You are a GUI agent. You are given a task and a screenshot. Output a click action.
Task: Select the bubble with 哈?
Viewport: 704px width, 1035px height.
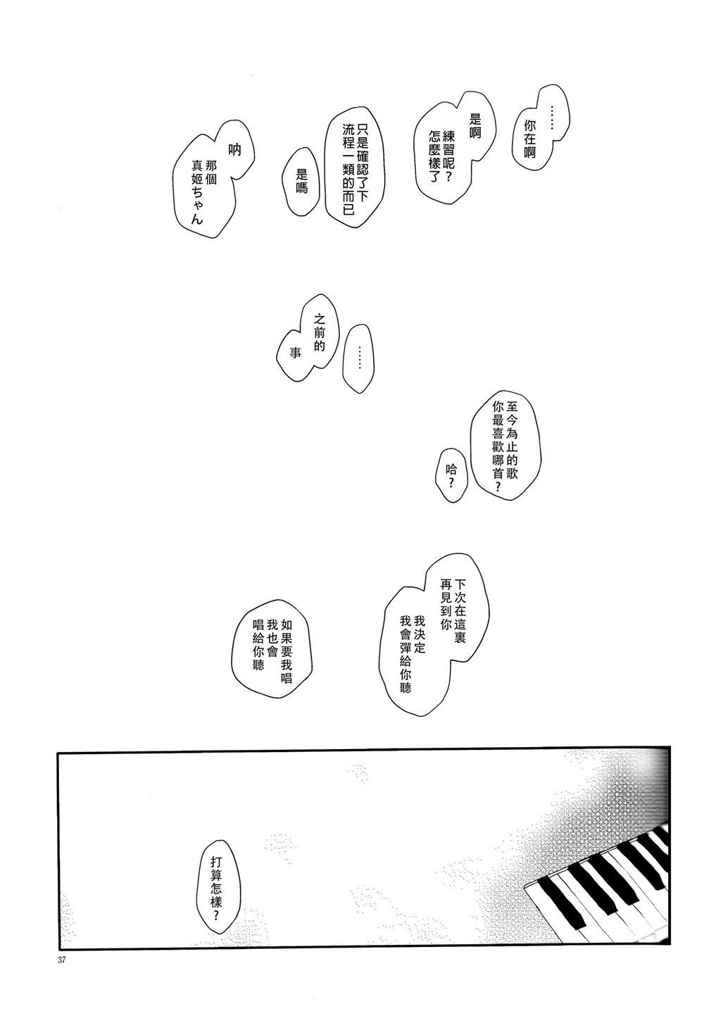pyautogui.click(x=451, y=475)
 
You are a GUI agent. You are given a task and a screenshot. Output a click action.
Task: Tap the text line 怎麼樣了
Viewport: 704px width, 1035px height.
pyautogui.click(x=434, y=155)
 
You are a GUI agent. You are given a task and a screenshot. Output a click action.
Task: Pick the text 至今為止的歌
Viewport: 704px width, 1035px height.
pyautogui.click(x=511, y=439)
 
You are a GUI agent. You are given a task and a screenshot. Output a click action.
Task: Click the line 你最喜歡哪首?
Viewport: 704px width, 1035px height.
pyautogui.click(x=498, y=447)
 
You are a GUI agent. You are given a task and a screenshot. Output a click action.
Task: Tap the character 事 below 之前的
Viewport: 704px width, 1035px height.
pyautogui.click(x=295, y=353)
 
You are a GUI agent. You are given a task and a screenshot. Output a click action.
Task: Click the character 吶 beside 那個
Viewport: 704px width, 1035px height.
pyautogui.click(x=235, y=149)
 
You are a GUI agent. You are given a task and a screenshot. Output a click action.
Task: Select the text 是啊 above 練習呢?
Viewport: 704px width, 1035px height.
pyautogui.click(x=475, y=125)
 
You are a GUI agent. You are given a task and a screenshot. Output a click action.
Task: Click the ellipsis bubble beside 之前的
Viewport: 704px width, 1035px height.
pyautogui.click(x=358, y=359)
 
